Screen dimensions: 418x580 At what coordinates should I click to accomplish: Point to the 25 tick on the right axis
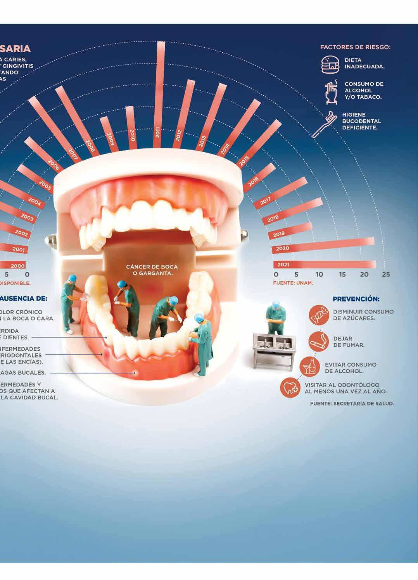click(385, 274)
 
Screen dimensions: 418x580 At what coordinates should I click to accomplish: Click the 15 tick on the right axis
click(342, 274)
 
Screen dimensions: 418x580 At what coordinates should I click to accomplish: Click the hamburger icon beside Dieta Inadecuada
click(330, 64)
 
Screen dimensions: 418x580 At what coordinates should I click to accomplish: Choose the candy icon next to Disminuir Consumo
click(318, 315)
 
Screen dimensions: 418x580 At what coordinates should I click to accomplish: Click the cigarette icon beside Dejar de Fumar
click(318, 341)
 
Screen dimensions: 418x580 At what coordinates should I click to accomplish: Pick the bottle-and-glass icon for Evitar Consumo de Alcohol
click(309, 366)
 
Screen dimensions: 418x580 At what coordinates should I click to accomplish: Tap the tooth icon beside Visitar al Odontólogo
click(291, 387)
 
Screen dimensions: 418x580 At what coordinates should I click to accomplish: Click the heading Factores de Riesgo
click(355, 47)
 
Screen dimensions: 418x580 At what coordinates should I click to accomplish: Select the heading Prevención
click(356, 299)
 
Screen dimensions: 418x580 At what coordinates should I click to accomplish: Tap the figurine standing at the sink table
click(276, 318)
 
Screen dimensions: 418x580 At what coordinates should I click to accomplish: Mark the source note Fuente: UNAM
click(293, 283)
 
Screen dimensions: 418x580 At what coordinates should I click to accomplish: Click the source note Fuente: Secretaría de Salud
click(352, 403)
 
